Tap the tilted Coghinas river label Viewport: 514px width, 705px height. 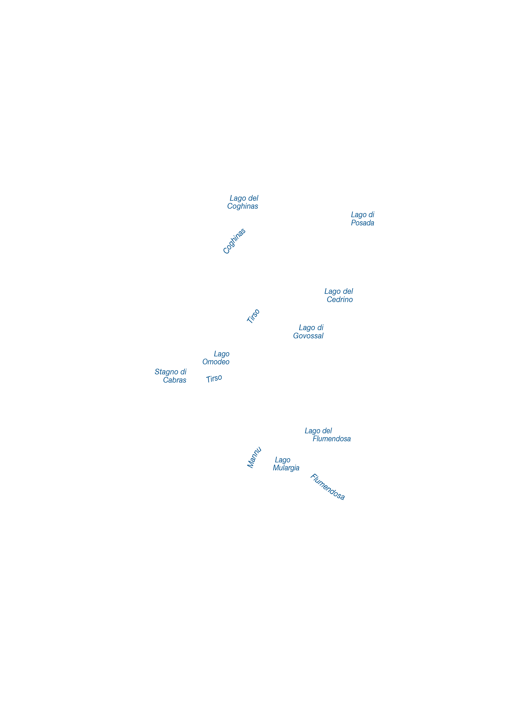tap(234, 241)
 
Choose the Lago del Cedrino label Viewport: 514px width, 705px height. tap(338, 295)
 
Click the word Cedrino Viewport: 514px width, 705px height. tap(340, 299)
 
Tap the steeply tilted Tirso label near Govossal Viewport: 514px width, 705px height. tap(253, 316)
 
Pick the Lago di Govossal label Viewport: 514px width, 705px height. tap(308, 332)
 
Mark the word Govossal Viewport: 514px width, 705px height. tap(308, 336)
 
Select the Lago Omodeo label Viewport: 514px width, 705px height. tap(216, 358)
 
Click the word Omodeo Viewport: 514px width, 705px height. tap(216, 362)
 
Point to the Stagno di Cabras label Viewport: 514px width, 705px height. tap(170, 376)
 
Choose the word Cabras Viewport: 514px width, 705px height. tap(175, 380)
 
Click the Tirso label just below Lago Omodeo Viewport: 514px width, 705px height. tap(214, 378)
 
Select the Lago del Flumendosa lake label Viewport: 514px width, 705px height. tap(328, 435)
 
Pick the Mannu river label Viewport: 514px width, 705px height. tap(254, 457)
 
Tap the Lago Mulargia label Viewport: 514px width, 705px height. tap(286, 464)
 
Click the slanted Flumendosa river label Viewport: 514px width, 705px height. tap(327, 487)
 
